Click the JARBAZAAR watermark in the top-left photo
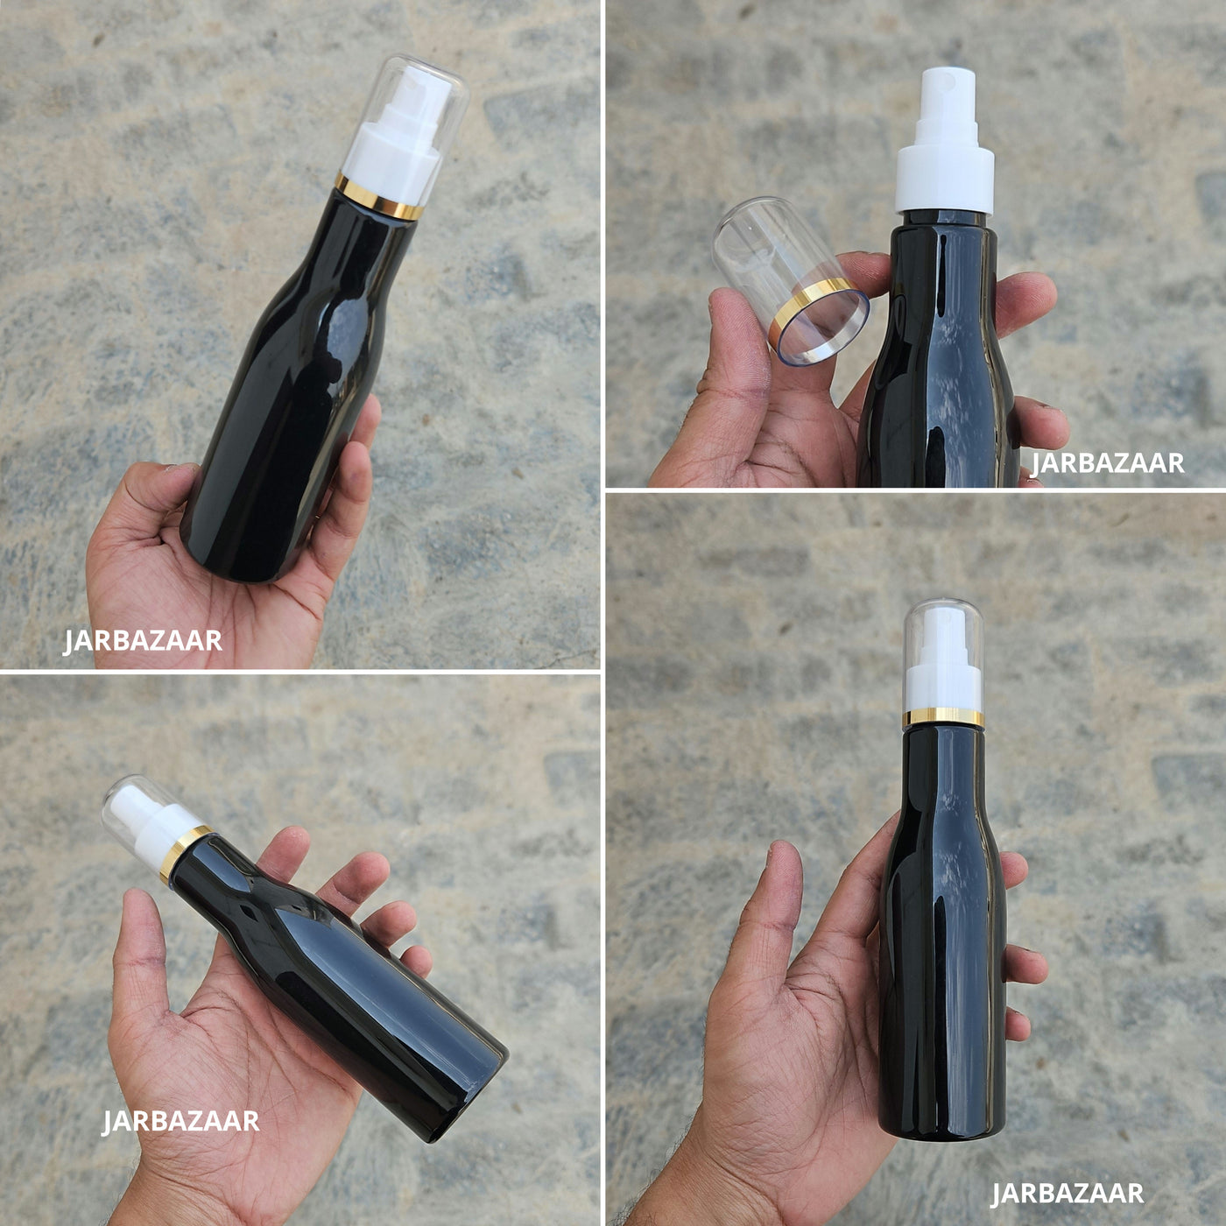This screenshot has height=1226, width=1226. (143, 641)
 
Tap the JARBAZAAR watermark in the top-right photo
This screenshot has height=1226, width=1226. (1107, 463)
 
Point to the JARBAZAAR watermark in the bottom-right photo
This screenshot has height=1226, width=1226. (1067, 1194)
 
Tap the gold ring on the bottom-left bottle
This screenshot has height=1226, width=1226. (185, 854)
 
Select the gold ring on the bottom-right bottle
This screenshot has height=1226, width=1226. (943, 717)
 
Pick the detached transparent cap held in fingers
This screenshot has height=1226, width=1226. (789, 280)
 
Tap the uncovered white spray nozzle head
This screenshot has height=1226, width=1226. (946, 103)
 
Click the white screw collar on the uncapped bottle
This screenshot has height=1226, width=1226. (946, 180)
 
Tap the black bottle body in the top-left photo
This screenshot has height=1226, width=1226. (299, 388)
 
